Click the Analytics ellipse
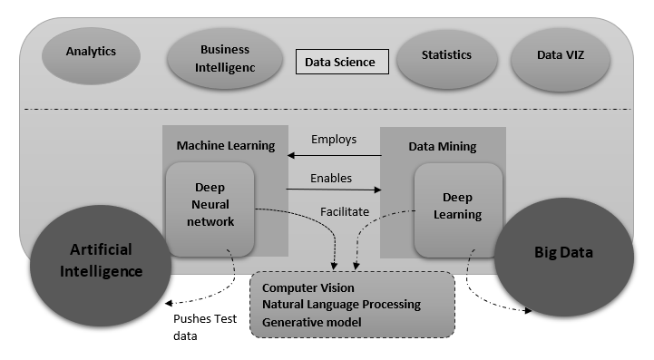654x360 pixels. [91, 53]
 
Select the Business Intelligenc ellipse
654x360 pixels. [225, 58]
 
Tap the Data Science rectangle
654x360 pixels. [342, 63]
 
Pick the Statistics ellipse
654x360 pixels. [446, 56]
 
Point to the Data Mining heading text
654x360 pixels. [442, 146]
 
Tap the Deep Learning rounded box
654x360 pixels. [457, 207]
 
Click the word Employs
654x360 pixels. [334, 140]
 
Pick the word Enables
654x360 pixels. [331, 178]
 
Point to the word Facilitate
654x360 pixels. [345, 211]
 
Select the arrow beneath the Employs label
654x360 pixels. [334, 155]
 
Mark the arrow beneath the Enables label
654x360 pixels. [334, 190]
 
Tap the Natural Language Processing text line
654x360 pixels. [340, 305]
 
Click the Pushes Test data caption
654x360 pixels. [200, 326]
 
